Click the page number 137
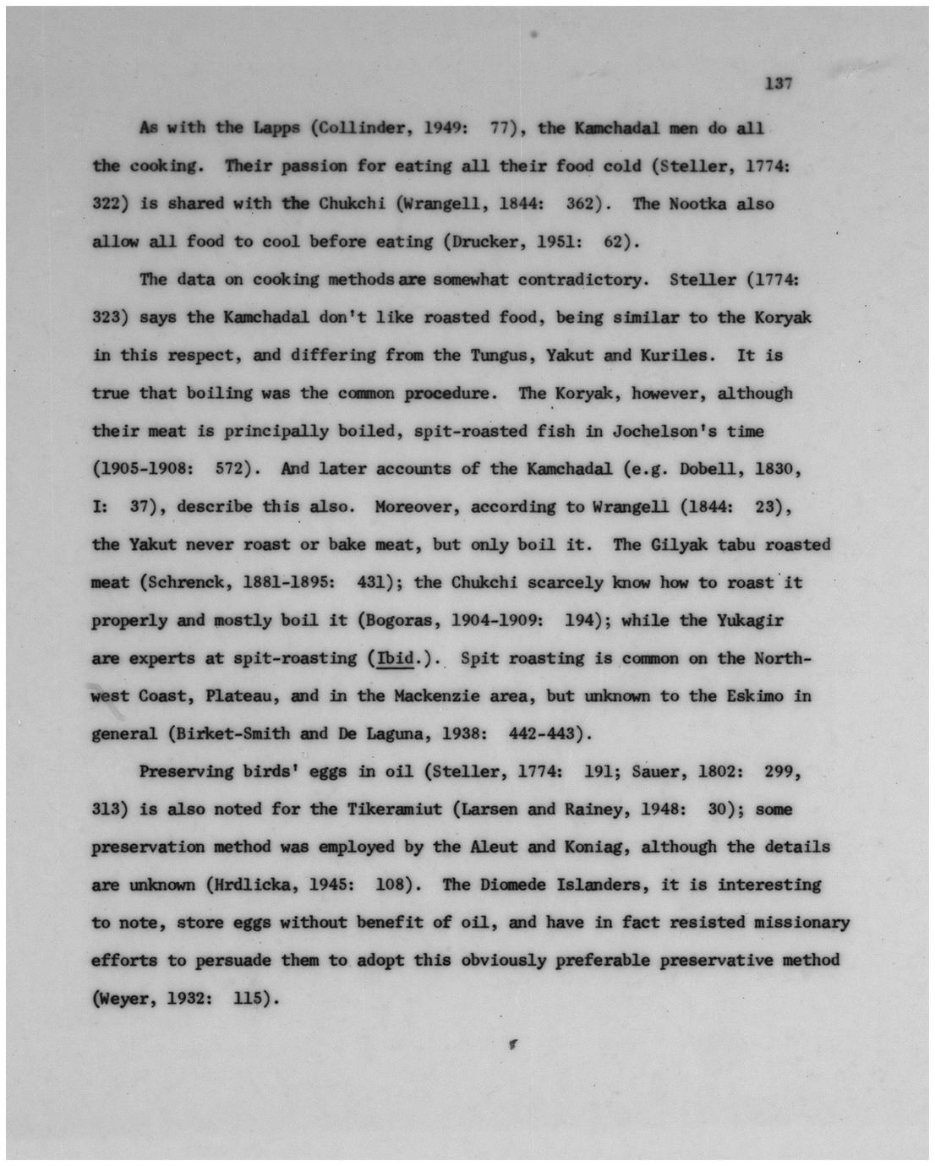778,83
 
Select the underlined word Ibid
395,658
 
